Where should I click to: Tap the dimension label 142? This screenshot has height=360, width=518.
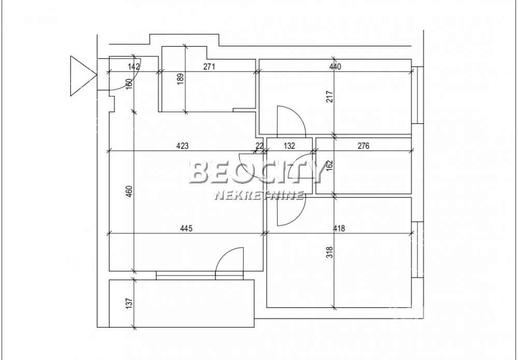pyautogui.click(x=134, y=67)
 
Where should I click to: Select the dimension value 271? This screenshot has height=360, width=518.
pyautogui.click(x=209, y=67)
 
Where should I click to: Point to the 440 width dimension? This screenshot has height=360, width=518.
pyautogui.click(x=335, y=67)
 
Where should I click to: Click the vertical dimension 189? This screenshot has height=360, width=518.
pyautogui.click(x=180, y=79)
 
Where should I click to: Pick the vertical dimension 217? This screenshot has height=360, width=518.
pyautogui.click(x=329, y=96)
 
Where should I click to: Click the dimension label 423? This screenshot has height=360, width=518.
pyautogui.click(x=182, y=146)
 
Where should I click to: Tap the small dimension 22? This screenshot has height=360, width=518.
pyautogui.click(x=260, y=146)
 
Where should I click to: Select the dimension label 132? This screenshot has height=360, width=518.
pyautogui.click(x=290, y=146)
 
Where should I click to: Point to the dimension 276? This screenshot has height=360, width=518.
pyautogui.click(x=364, y=146)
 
